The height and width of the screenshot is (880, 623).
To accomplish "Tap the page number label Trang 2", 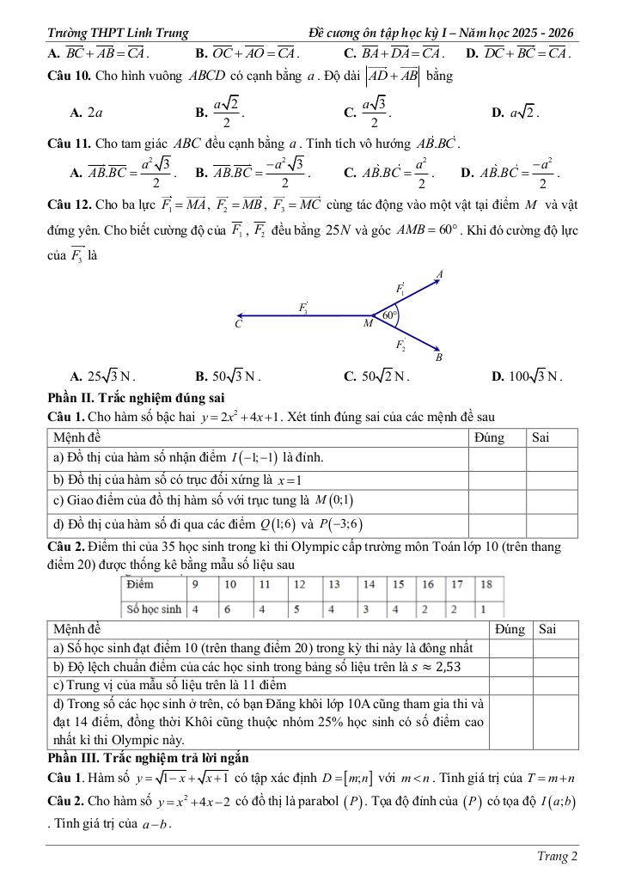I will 553,856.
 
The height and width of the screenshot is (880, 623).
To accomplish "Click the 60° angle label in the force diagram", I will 389,315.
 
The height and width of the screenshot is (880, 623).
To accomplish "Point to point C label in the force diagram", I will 238,325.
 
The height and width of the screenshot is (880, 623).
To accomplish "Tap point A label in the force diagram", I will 440,274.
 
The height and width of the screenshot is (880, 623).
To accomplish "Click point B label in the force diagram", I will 439,357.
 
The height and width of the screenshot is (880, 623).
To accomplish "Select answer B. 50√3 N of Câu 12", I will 229,376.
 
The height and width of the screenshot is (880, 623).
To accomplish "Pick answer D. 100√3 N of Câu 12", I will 526,376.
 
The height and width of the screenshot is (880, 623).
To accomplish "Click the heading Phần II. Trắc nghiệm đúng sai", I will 137,397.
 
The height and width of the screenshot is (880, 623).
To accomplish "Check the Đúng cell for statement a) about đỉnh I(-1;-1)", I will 497,458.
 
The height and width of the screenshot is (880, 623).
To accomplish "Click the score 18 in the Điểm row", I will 486,584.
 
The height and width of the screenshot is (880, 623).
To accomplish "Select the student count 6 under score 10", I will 229,608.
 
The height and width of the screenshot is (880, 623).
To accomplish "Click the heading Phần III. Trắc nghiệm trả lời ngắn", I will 149,758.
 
